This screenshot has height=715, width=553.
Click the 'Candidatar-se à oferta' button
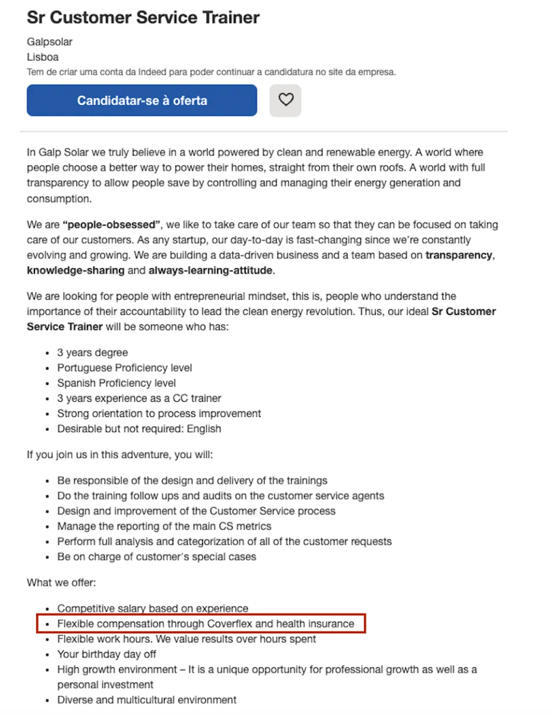tap(142, 100)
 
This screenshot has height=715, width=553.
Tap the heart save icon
tap(285, 100)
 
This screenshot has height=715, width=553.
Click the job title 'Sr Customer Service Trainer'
tap(143, 17)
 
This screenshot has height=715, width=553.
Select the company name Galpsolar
tap(50, 42)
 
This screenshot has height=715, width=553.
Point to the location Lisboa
tap(43, 57)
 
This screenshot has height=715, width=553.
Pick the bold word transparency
tap(459, 255)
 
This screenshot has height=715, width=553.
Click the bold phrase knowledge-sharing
tap(75, 270)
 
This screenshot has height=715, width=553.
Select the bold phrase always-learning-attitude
tap(211, 270)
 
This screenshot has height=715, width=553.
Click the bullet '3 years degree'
tap(92, 353)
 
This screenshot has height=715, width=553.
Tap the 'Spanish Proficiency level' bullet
tap(116, 383)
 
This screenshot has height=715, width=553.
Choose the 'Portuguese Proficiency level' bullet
tap(124, 368)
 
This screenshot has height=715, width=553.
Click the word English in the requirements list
tap(204, 429)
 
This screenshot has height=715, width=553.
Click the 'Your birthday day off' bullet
tap(106, 654)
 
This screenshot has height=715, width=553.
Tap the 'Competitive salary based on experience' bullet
tap(152, 608)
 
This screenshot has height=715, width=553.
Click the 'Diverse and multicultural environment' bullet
tap(146, 699)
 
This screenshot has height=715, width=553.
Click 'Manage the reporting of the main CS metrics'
tap(164, 526)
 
